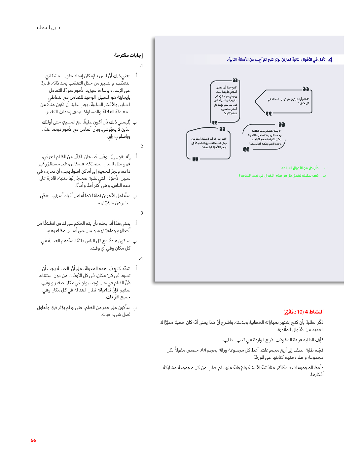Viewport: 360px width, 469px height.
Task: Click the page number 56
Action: (x=33, y=440)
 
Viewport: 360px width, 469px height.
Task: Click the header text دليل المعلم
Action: (x=48, y=27)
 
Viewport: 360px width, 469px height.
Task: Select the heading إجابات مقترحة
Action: (x=128, y=55)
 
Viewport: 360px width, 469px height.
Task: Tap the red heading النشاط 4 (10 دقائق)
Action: (x=304, y=312)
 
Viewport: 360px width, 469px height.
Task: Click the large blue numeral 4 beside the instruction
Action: (x=330, y=60)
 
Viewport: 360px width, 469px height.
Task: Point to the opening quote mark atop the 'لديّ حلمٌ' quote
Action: (x=235, y=80)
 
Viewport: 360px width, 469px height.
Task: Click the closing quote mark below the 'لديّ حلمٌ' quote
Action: (x=215, y=122)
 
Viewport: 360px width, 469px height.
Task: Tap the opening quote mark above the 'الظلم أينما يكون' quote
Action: (x=306, y=89)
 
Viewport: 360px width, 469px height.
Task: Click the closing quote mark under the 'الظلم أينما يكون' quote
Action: (x=269, y=114)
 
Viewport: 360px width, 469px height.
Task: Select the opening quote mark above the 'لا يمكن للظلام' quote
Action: (x=281, y=124)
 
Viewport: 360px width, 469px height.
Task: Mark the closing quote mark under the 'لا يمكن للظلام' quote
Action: (x=246, y=149)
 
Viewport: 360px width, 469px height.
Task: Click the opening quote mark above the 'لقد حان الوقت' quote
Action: (x=222, y=129)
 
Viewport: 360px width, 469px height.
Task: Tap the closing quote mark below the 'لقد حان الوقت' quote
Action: (x=195, y=159)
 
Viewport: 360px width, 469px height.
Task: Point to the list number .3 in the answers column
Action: (x=141, y=213)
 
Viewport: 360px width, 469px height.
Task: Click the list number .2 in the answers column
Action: (x=141, y=147)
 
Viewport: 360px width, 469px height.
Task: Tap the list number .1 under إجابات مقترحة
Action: (x=141, y=66)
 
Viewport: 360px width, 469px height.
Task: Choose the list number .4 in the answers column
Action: (x=141, y=258)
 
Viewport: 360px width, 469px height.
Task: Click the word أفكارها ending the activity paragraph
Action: (x=317, y=375)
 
